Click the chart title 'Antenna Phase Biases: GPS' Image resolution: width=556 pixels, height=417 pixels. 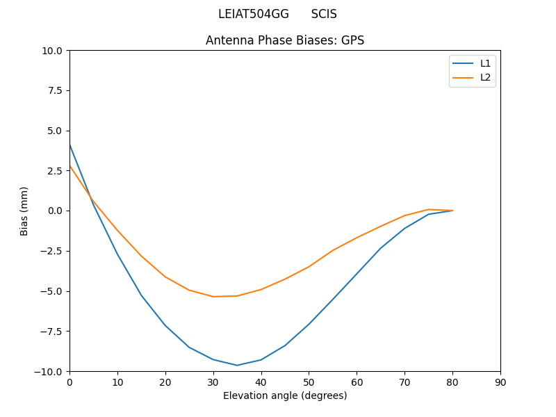click(285, 40)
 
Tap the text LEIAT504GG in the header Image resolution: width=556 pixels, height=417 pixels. click(254, 14)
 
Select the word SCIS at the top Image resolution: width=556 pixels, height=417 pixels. click(324, 14)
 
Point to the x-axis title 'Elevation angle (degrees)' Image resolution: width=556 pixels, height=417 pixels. click(285, 395)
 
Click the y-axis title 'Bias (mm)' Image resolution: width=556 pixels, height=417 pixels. click(24, 211)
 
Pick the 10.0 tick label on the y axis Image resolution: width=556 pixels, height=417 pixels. click(53, 50)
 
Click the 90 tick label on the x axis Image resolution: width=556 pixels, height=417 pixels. click(500, 382)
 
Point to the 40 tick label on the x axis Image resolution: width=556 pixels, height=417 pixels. click(261, 382)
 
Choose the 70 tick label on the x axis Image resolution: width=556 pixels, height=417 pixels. click(404, 382)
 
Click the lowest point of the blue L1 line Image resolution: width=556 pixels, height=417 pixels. click(237, 365)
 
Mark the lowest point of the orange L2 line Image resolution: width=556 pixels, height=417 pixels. click(213, 297)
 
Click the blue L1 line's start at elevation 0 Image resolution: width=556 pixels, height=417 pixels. click(69, 145)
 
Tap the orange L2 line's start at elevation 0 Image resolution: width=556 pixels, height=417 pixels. click(69, 165)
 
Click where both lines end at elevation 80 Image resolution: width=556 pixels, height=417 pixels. click(452, 211)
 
